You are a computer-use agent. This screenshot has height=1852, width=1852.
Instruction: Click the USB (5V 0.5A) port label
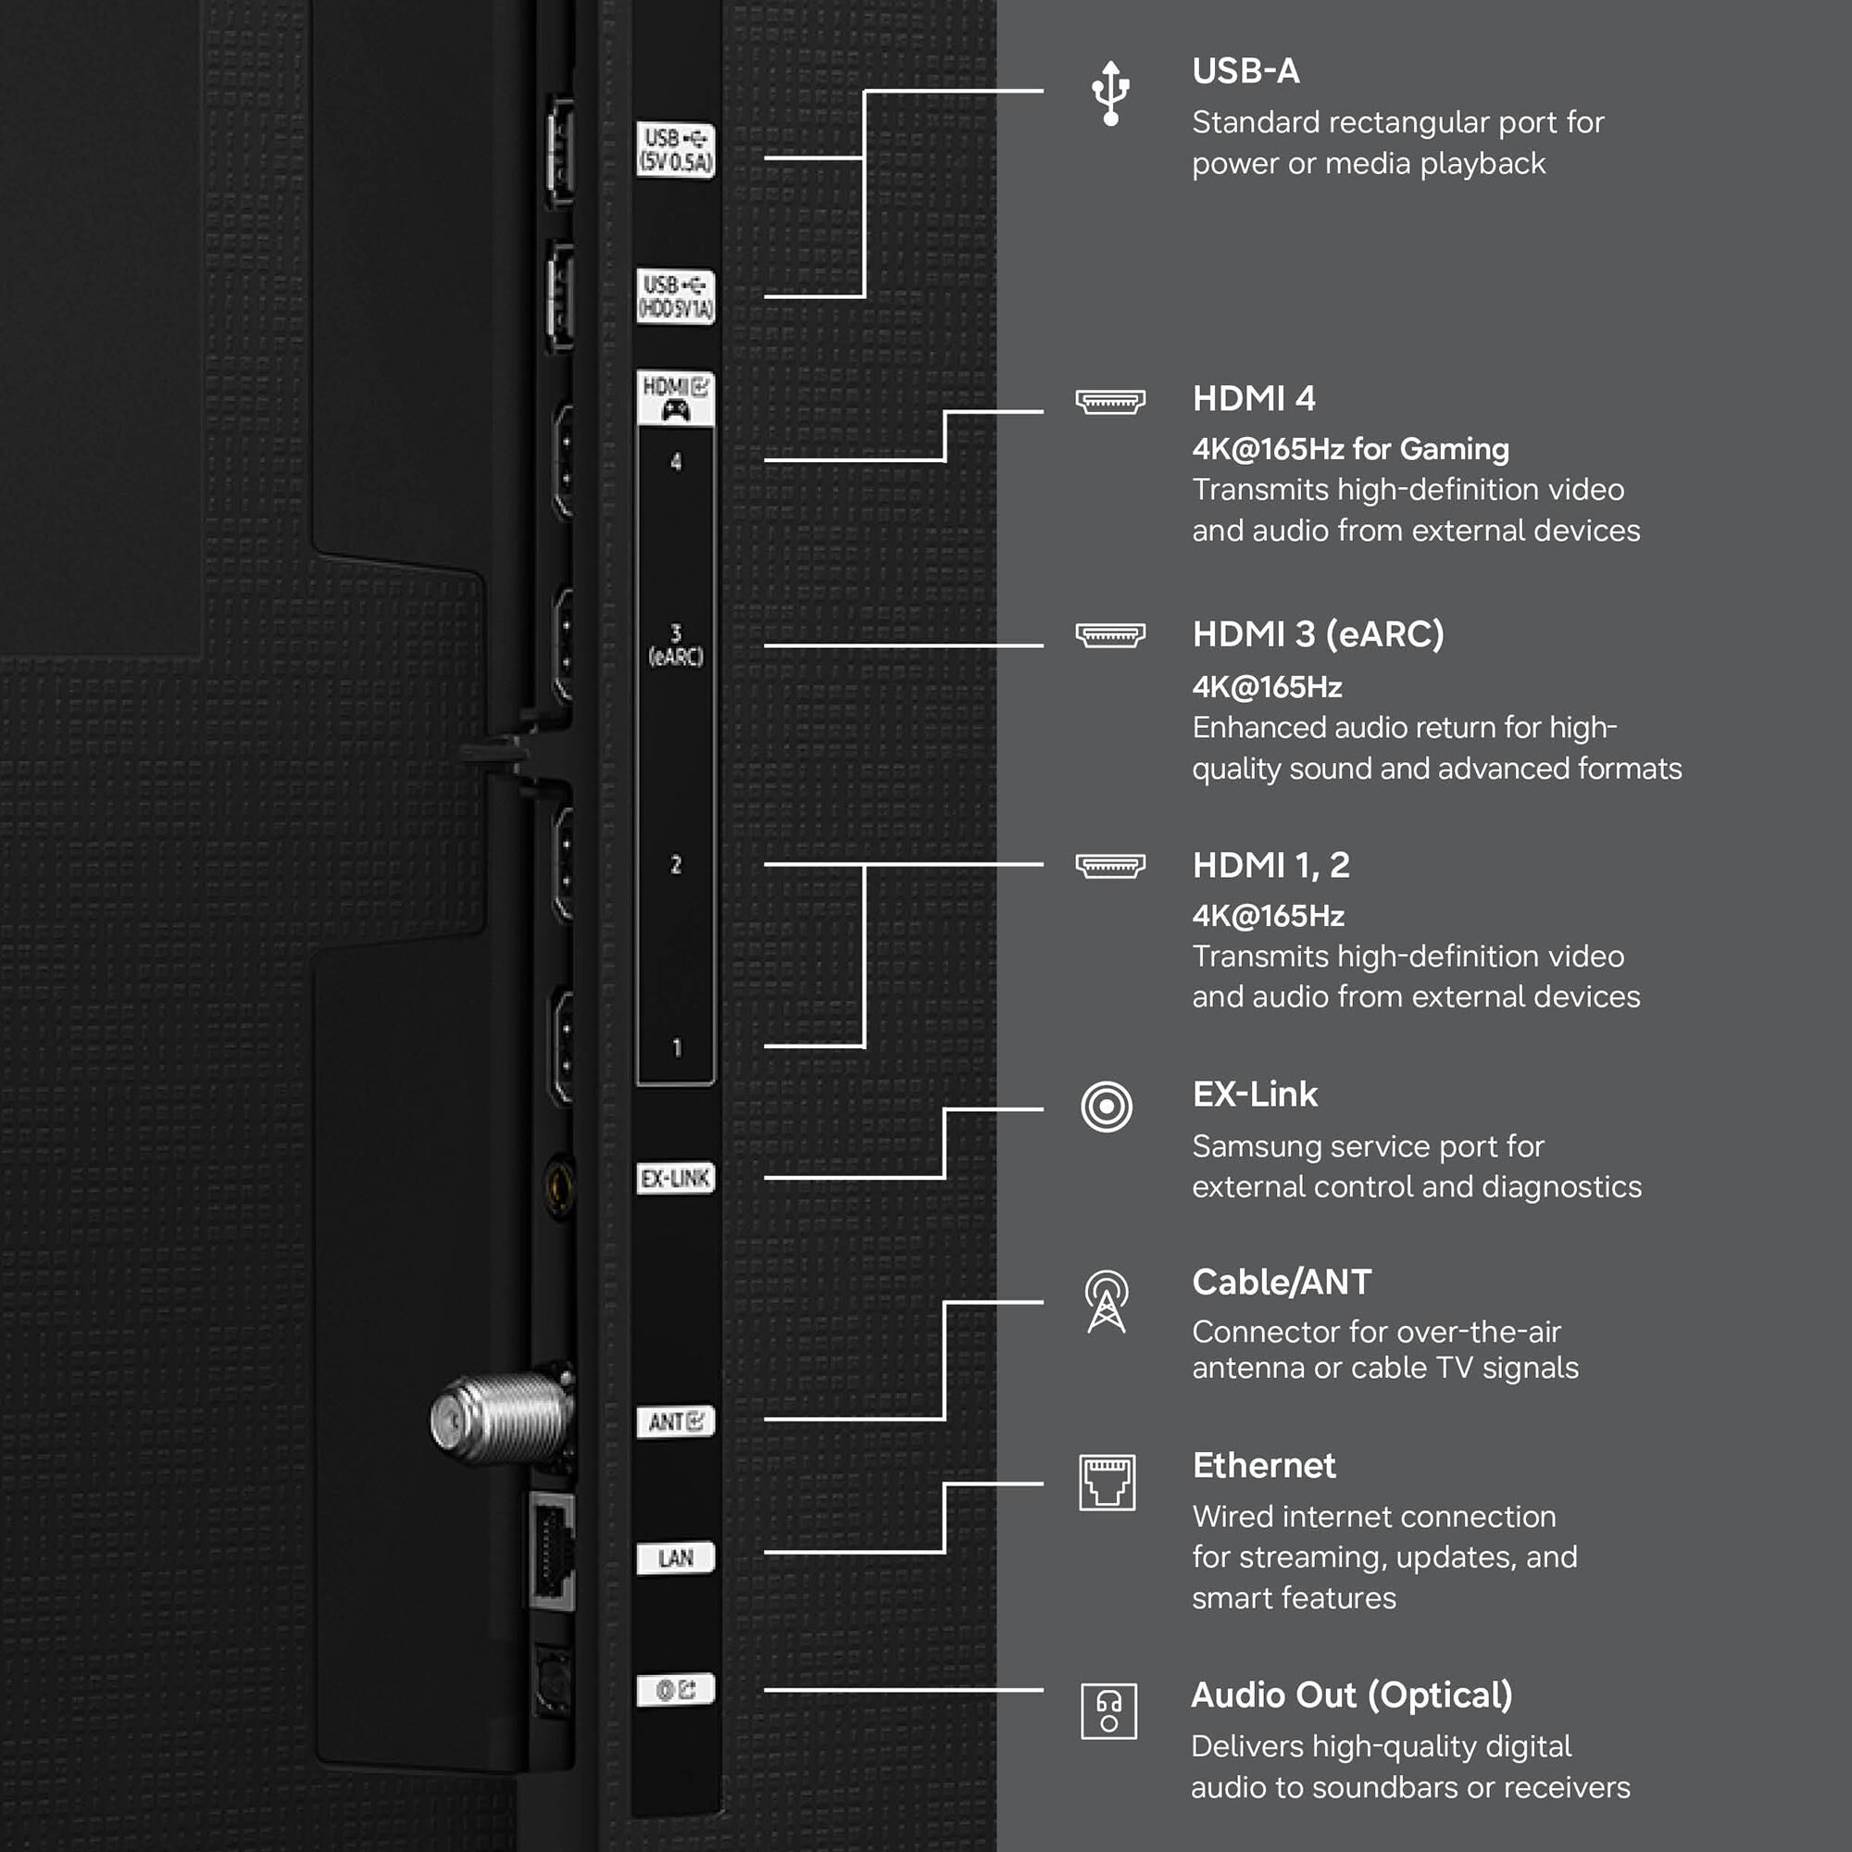click(676, 149)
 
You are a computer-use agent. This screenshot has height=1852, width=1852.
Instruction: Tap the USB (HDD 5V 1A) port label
click(676, 296)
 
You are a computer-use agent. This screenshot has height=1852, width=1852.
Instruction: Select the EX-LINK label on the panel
click(676, 1178)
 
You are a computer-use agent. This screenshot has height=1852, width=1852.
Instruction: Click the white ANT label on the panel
click(676, 1420)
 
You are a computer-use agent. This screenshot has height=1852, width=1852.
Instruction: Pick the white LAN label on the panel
click(676, 1558)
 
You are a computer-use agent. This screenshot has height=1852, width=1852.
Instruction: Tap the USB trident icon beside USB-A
click(1110, 93)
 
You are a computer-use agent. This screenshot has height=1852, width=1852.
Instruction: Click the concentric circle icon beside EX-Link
click(1107, 1107)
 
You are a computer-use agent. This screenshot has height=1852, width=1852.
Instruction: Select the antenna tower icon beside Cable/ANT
click(1107, 1302)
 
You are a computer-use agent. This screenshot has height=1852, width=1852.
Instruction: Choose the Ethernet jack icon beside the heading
click(1107, 1482)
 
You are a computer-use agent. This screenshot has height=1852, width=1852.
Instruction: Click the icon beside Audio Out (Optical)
click(1108, 1711)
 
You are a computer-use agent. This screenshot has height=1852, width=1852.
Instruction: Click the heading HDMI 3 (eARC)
click(1318, 634)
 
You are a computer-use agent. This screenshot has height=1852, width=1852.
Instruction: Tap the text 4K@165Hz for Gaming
click(1351, 448)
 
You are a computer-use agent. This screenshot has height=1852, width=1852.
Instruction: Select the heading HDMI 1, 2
click(1271, 866)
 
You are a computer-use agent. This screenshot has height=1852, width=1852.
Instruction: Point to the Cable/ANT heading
click(1282, 1283)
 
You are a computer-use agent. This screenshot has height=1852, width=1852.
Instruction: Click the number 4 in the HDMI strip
click(676, 462)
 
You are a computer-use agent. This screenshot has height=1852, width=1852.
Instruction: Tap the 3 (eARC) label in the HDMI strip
click(676, 645)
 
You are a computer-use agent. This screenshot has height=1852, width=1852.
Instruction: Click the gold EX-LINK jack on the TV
click(559, 1187)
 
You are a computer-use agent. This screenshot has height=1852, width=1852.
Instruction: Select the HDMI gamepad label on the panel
click(676, 399)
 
